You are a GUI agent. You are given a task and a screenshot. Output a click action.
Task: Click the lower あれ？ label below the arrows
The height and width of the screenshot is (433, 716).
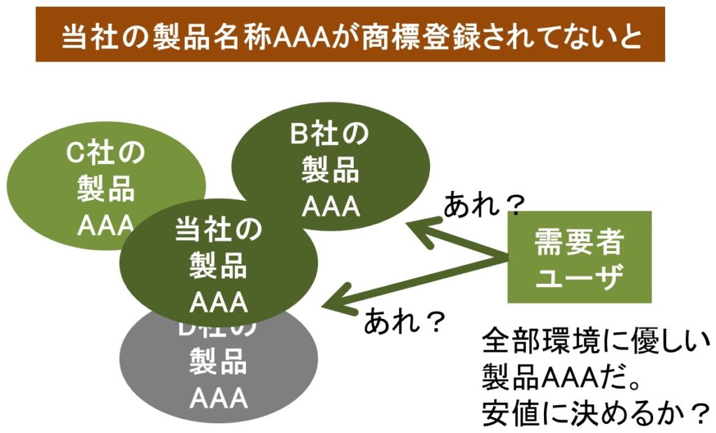(x=405, y=320)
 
